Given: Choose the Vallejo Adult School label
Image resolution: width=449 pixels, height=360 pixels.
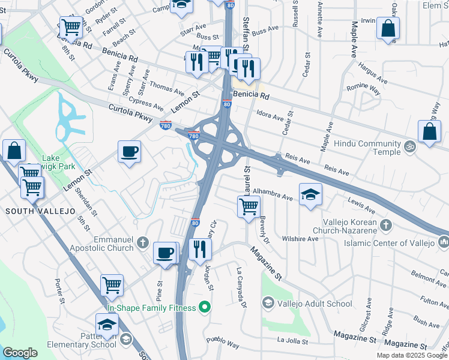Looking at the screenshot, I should pyautogui.click(x=315, y=304).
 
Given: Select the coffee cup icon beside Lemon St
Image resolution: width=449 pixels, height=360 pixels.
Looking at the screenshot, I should pyautogui.click(x=129, y=151).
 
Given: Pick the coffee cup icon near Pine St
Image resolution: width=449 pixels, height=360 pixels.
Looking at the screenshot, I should pyautogui.click(x=164, y=252).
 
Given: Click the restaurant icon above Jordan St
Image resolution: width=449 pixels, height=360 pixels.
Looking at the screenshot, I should pyautogui.click(x=199, y=248).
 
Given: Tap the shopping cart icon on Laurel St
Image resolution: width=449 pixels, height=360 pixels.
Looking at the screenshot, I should pyautogui.click(x=248, y=206).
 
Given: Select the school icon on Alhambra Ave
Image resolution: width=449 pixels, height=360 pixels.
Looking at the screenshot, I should pyautogui.click(x=310, y=194).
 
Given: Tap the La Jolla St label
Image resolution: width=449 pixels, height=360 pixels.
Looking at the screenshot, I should pyautogui.click(x=293, y=341).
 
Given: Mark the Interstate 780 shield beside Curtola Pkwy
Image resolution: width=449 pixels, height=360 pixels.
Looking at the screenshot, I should pyautogui.click(x=166, y=125).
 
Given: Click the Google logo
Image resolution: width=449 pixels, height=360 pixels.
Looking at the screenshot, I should pyautogui.click(x=20, y=353).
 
